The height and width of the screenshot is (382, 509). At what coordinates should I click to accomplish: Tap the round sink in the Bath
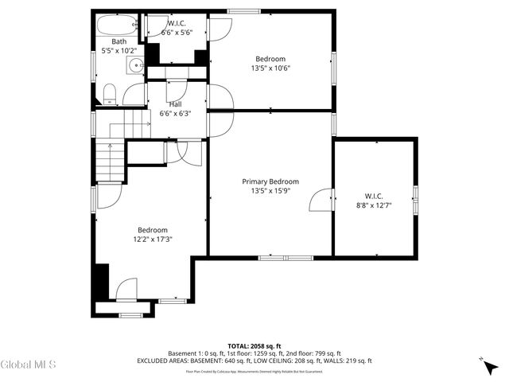click(136, 66)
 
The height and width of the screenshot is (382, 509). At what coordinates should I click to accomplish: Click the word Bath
click(119, 41)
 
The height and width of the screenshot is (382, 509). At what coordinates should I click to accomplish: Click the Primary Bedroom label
click(271, 181)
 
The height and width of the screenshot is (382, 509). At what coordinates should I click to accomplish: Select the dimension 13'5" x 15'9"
click(271, 191)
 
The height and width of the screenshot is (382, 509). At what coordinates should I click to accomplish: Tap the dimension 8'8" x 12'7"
click(374, 205)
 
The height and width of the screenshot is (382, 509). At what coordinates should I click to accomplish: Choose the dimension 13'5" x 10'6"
click(271, 68)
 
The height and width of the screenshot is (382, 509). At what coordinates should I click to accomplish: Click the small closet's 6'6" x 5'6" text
click(176, 33)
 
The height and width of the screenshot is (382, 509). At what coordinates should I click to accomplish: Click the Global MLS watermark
click(29, 364)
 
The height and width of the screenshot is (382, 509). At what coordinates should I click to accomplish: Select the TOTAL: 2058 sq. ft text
click(254, 346)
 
